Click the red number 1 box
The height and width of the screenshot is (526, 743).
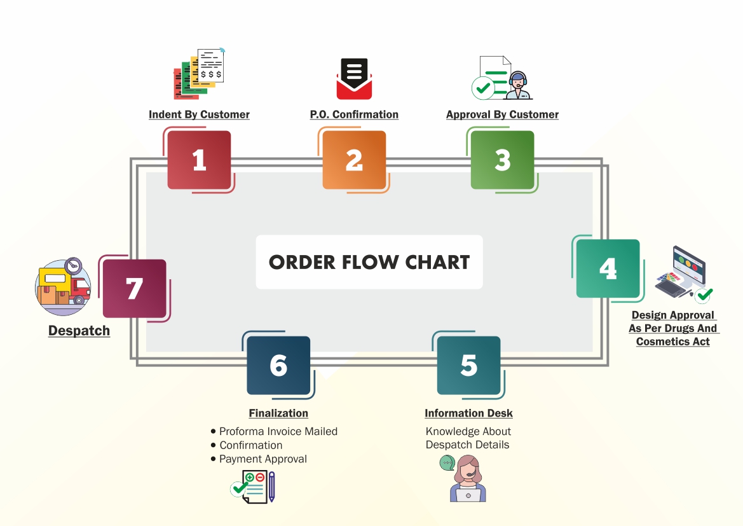tap(199, 160)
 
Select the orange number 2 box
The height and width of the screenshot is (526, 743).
tap(354, 160)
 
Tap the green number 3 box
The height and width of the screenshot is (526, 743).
tap(502, 160)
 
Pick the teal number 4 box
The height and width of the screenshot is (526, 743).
tap(608, 268)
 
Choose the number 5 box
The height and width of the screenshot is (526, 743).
tap(468, 365)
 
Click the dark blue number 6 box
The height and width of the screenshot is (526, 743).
tap(278, 365)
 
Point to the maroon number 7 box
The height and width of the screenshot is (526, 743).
tap(134, 289)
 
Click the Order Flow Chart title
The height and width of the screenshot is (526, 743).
tap(369, 262)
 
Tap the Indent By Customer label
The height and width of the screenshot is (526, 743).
tap(199, 114)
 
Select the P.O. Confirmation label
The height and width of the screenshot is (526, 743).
tap(354, 114)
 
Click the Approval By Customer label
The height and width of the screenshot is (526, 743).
tap(502, 114)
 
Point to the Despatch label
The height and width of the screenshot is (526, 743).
tap(79, 331)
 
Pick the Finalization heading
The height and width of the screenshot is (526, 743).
tap(278, 413)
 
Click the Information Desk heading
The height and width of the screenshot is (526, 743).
tap(468, 413)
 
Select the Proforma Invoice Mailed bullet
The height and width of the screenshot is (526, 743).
tap(278, 431)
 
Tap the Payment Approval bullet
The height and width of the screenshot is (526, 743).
tap(262, 459)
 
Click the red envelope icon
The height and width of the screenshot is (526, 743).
tap(354, 79)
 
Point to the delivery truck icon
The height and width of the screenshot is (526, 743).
tap(63, 287)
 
